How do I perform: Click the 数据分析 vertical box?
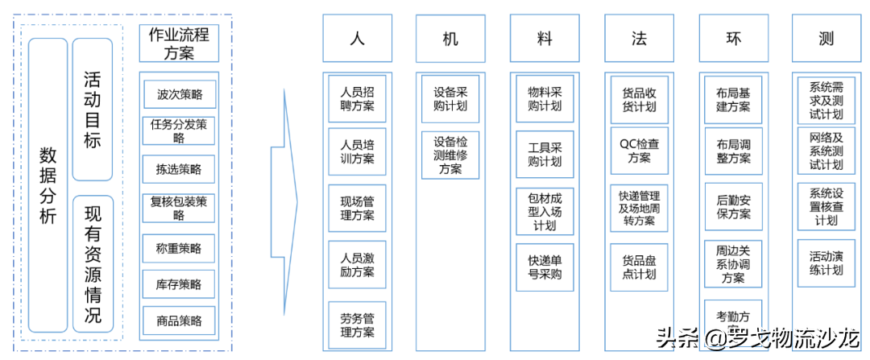[48, 185]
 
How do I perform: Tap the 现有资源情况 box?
[93, 263]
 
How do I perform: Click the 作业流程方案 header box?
[179, 43]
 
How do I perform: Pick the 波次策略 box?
[179, 94]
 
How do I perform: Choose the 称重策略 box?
[179, 248]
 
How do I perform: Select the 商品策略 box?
[179, 321]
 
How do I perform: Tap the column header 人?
[358, 39]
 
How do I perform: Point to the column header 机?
[450, 39]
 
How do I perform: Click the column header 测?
[826, 39]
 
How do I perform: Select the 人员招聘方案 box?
[357, 98]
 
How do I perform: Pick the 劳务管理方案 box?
[357, 325]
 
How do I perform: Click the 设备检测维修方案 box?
[450, 155]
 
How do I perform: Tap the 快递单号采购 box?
[545, 267]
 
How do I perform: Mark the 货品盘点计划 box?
[639, 267]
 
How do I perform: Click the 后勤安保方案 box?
[733, 207]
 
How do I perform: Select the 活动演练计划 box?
[826, 263]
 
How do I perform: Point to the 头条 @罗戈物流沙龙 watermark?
[757, 337]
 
